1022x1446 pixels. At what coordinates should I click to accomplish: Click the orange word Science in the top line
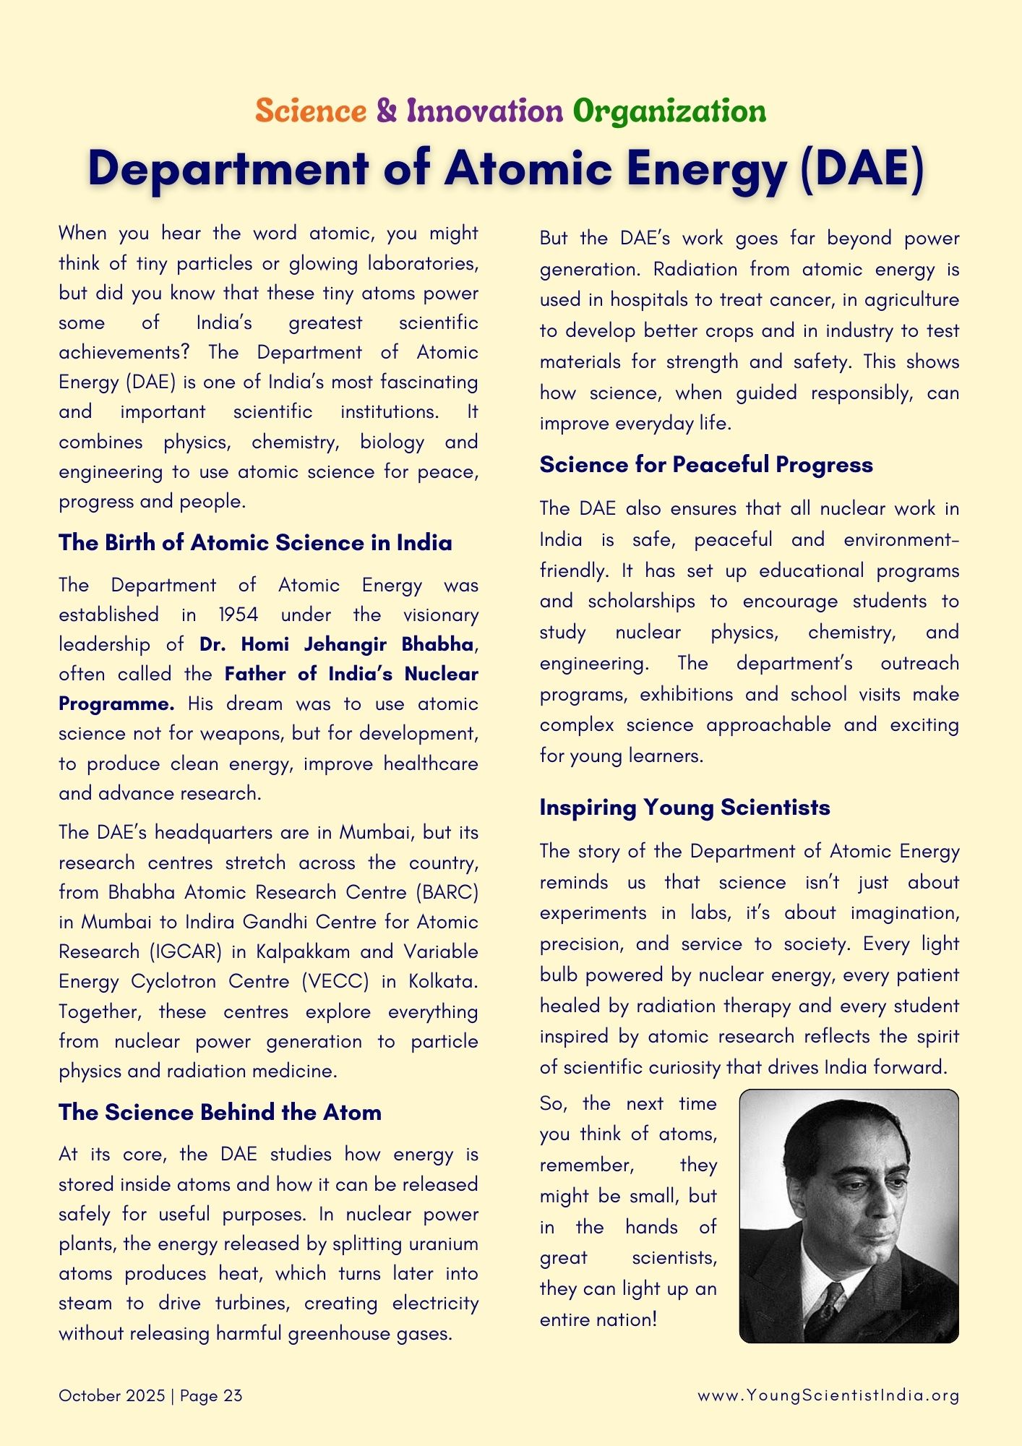311,111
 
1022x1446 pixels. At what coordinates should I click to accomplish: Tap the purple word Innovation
484,111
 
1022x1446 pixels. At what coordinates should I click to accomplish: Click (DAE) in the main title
862,169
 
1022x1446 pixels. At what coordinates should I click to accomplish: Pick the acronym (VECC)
335,981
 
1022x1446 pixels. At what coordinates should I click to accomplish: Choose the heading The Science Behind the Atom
220,1112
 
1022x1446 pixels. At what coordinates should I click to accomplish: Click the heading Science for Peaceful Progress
706,465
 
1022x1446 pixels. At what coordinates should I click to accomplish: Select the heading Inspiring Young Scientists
684,808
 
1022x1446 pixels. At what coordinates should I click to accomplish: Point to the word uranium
443,1244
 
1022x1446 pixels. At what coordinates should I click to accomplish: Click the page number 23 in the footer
233,1395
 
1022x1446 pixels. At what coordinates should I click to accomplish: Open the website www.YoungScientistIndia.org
828,1395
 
